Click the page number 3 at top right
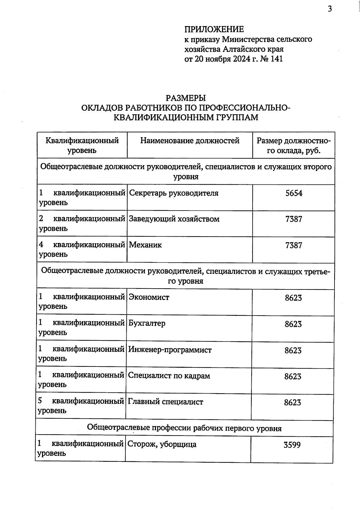coord(330,9)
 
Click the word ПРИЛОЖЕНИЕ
coord(214,29)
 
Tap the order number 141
coord(277,58)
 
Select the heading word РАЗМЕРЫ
coord(186,98)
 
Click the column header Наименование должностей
coord(190,140)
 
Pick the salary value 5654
coord(294,193)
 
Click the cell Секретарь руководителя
coord(173,193)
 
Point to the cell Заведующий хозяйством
coord(174,219)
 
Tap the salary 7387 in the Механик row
coord(294,245)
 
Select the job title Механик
coord(145,245)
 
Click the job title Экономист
coord(149,297)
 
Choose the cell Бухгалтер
coord(147,323)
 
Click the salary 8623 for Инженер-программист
coord(293,350)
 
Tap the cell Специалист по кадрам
coord(169,376)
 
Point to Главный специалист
coord(165,402)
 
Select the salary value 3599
coord(292,445)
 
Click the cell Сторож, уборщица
coord(162,444)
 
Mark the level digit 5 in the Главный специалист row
coord(40,401)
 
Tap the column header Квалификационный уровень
coord(82,145)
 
